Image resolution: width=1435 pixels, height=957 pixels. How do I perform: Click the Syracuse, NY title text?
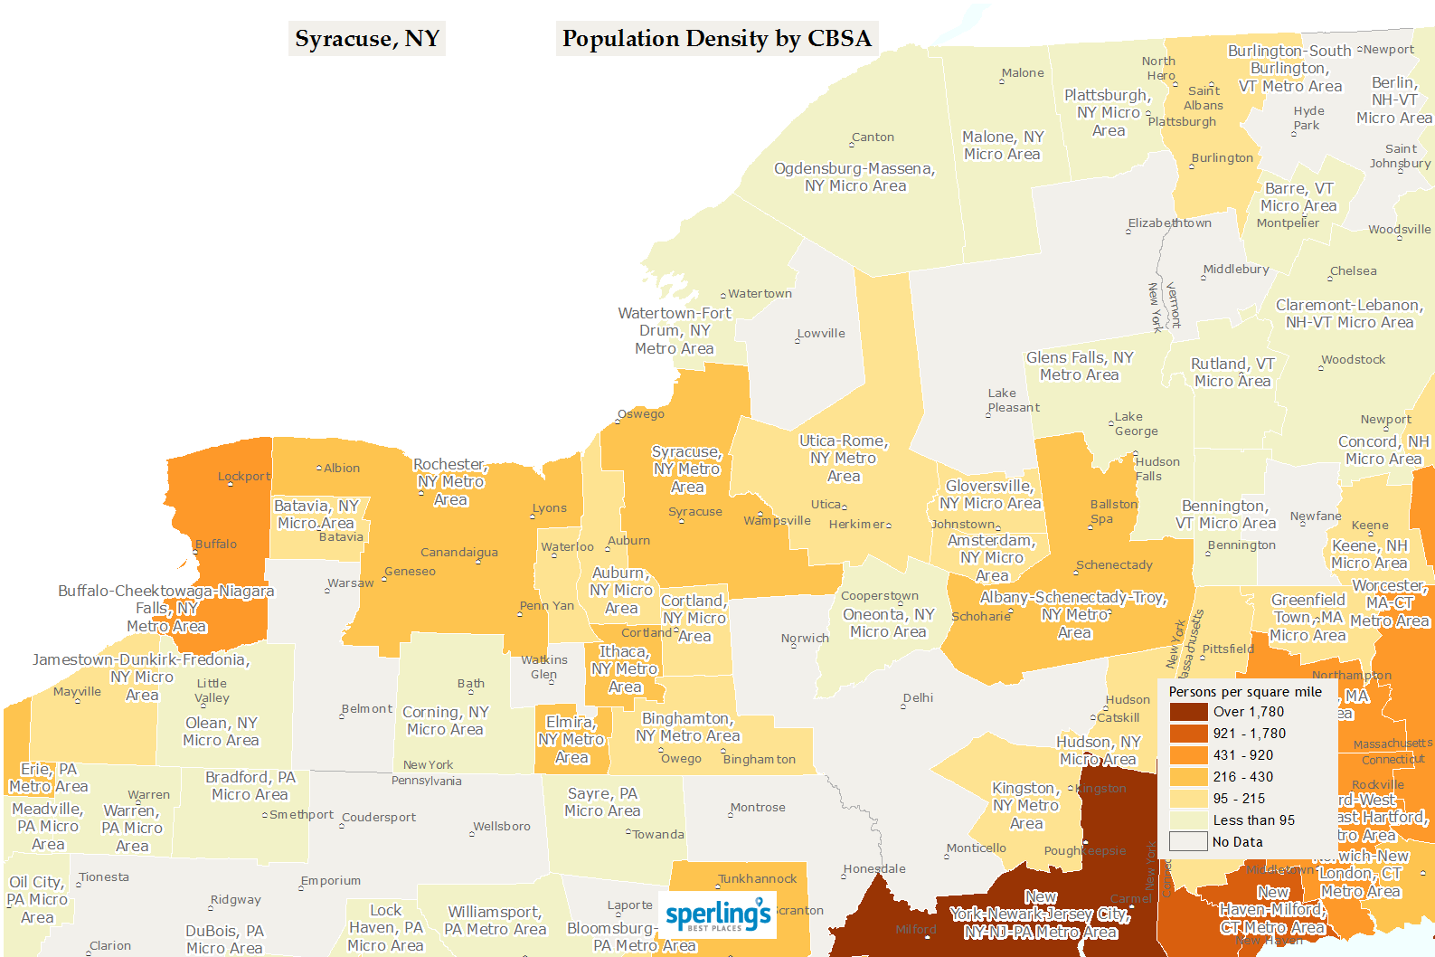pos(367,39)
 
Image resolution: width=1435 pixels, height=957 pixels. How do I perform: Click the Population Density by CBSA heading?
pos(716,39)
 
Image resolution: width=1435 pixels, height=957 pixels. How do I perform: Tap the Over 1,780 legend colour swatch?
pos(1188,712)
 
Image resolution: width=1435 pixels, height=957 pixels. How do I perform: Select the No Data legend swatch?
pos(1188,842)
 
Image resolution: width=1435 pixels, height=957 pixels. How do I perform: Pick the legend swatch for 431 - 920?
pos(1188,755)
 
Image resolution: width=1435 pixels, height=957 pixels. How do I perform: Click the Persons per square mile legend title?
pos(1245,692)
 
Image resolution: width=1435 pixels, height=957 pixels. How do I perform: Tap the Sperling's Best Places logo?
pos(717,915)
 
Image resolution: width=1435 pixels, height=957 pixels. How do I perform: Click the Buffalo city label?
pos(216,545)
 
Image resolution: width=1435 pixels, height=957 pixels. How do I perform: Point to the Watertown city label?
pos(760,294)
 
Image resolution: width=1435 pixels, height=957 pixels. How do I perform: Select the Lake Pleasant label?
pos(1013,401)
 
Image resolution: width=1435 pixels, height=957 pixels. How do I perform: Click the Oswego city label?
pos(641,414)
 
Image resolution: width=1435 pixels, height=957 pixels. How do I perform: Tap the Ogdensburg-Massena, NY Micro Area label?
pos(854,177)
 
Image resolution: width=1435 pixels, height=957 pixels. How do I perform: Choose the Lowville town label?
pos(821,334)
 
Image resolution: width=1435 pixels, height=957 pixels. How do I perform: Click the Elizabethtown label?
pos(1169,223)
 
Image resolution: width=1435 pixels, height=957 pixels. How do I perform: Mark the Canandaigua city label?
pos(458,553)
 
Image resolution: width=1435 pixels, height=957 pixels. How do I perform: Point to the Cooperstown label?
pos(879,596)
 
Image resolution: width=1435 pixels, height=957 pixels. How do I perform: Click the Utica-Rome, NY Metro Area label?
pos(844,459)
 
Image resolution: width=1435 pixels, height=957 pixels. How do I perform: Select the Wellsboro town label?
pos(502,827)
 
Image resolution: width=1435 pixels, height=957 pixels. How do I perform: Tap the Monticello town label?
pos(977,848)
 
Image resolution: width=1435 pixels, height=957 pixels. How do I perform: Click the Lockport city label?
pos(243,477)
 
